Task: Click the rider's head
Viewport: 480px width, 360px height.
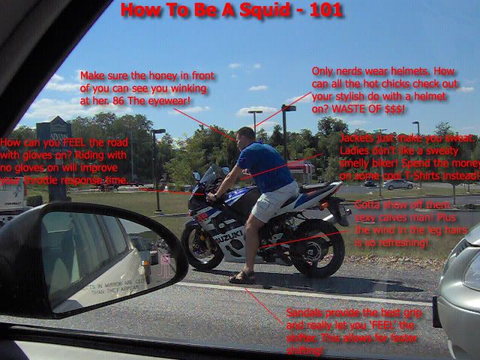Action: pos(245,136)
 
